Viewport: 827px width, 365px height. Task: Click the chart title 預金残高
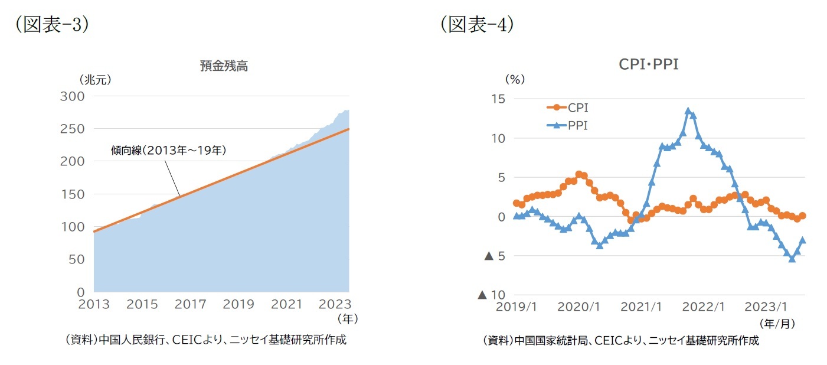pos(224,66)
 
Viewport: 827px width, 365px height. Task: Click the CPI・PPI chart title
pos(648,64)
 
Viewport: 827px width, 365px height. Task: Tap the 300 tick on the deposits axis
pos(73,96)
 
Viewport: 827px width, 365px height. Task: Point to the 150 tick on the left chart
pos(73,194)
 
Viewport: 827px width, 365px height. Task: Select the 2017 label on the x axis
pos(191,305)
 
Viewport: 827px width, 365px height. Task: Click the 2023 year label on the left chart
pos(334,305)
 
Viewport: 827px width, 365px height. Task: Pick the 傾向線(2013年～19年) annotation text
pos(169,151)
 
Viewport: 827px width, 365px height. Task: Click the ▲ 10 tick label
pos(493,295)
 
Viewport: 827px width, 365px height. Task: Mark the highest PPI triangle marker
pos(688,111)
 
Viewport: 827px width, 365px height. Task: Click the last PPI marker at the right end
pos(803,240)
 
